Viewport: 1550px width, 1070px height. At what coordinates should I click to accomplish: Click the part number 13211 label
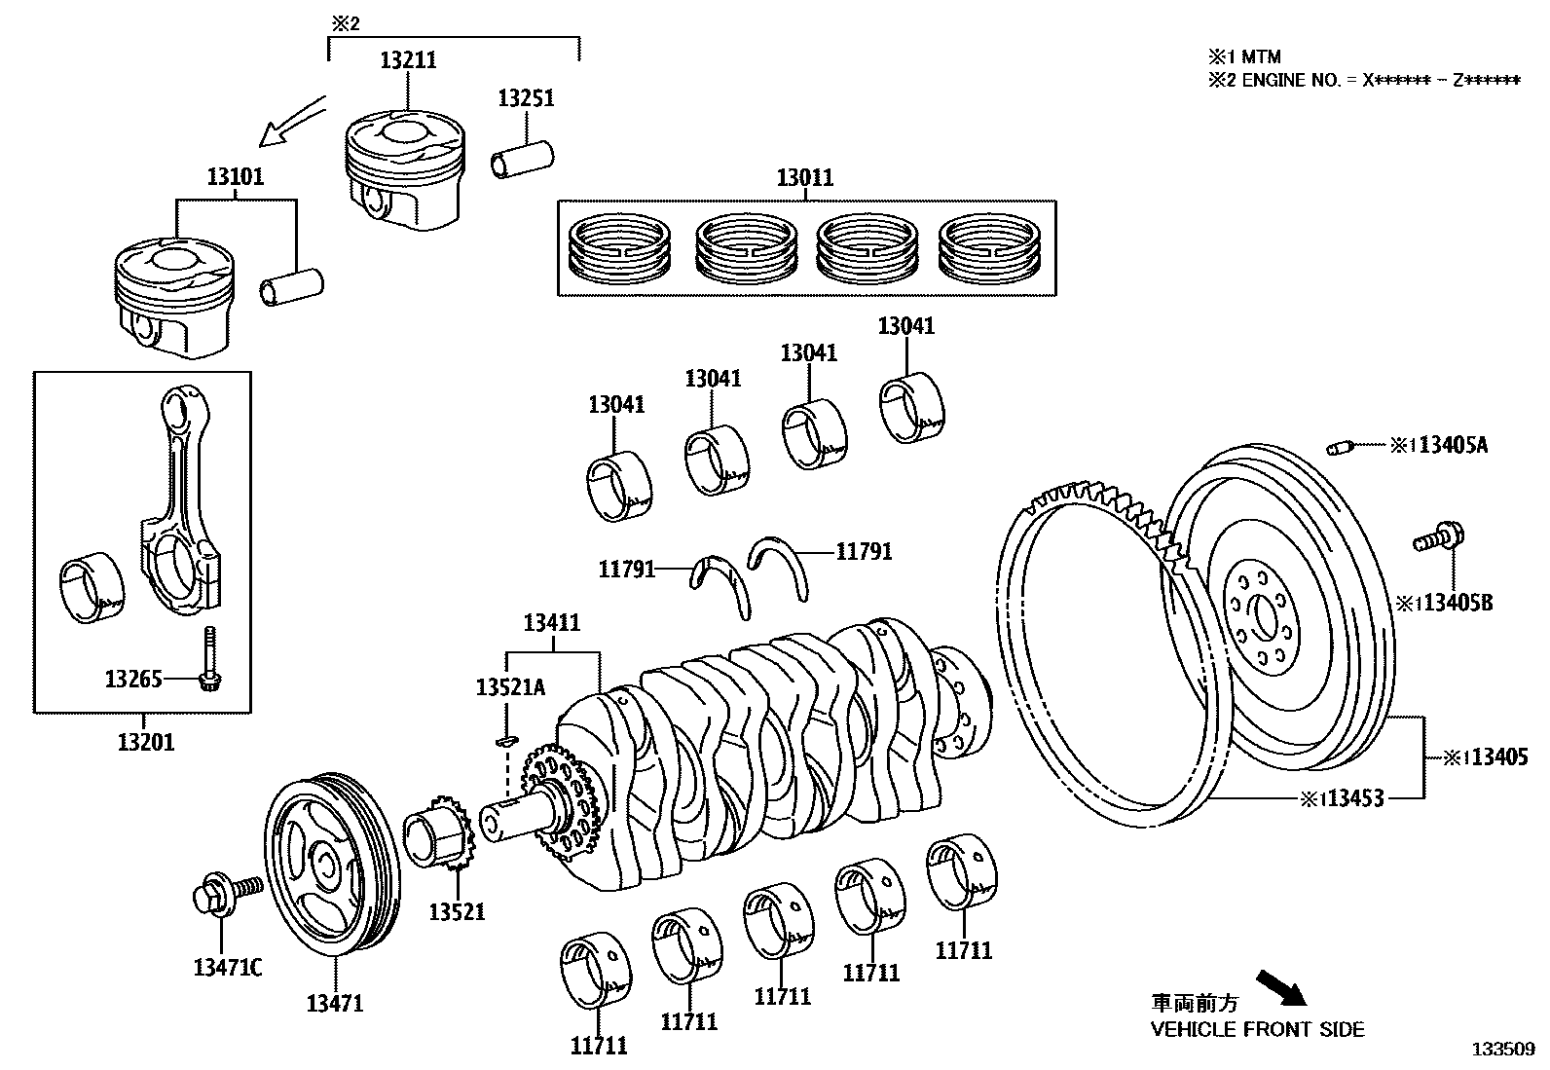(407, 60)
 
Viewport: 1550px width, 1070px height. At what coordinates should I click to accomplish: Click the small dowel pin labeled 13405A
(1338, 448)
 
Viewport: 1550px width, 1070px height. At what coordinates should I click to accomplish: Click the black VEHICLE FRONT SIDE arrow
(1281, 986)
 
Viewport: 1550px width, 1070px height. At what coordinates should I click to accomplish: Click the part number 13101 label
(235, 178)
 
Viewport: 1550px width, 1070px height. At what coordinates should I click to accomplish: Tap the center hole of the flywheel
(1266, 617)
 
